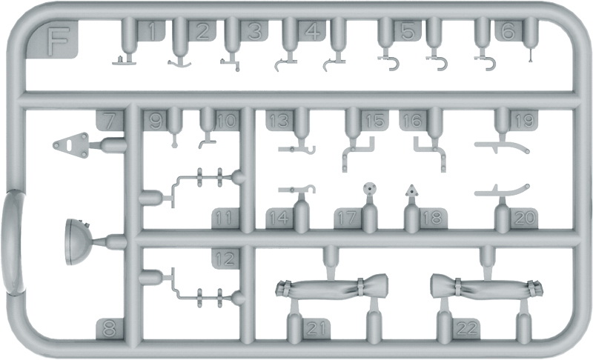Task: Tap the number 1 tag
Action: point(151,31)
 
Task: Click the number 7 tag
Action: point(110,121)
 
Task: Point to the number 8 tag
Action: point(110,328)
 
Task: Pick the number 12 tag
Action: point(225,259)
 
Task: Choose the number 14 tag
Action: point(280,218)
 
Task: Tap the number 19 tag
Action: point(524,121)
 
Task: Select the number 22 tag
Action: point(466,328)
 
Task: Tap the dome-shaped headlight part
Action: point(78,242)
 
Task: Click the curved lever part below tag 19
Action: point(502,146)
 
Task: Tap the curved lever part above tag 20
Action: point(502,193)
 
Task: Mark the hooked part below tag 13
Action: point(297,150)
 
